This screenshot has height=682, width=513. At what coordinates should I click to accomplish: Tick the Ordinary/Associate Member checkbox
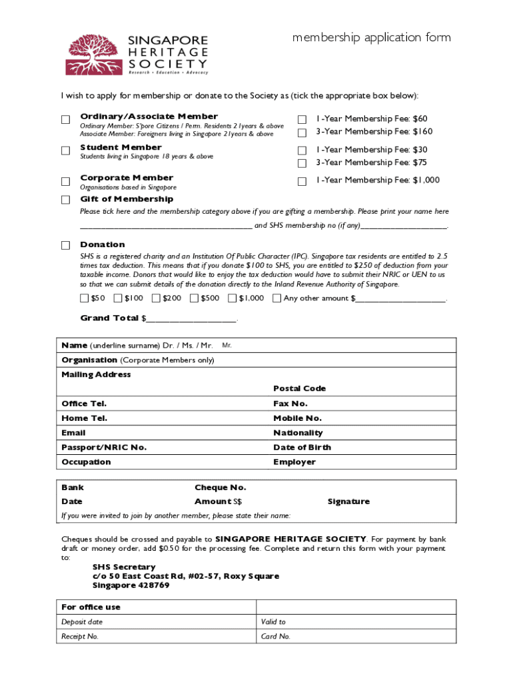65,120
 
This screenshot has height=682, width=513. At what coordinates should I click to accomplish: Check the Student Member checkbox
65,151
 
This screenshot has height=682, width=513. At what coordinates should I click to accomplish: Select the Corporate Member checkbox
65,181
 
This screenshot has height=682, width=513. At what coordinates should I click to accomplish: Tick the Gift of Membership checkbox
65,200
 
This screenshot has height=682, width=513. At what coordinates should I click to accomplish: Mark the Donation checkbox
65,245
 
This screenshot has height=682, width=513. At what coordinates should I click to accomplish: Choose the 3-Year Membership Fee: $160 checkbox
302,133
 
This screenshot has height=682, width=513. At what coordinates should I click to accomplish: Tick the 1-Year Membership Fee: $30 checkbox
302,151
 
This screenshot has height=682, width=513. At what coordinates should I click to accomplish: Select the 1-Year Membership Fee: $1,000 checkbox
302,181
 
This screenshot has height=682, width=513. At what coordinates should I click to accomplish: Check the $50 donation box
84,298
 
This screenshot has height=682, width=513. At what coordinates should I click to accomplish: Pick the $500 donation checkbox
194,298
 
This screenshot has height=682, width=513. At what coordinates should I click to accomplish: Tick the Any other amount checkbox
276,298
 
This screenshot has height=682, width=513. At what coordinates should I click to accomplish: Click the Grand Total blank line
190,319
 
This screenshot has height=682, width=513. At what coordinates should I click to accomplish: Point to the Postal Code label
299,388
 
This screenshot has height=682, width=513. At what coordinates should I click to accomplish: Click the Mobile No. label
297,418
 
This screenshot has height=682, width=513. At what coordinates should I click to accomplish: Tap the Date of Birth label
302,448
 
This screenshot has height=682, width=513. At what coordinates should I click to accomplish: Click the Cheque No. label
220,488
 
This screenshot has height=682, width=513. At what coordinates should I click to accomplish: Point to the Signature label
348,502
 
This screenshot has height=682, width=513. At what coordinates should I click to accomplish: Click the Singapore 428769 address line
131,585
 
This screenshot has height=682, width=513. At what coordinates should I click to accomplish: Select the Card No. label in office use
275,636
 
